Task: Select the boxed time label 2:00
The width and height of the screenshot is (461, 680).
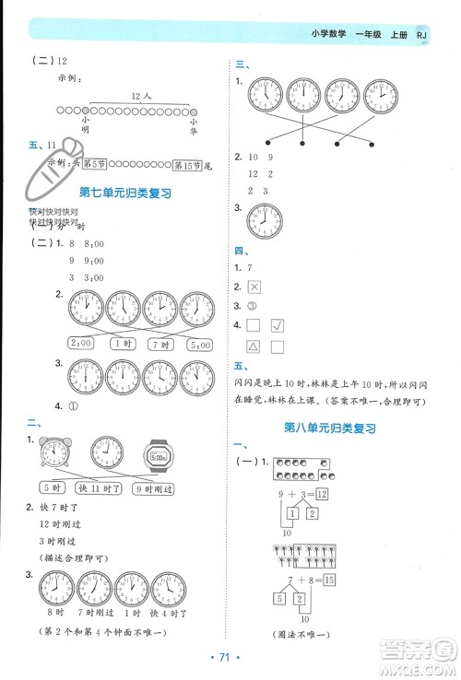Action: (x=80, y=344)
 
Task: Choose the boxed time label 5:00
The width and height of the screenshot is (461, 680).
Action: (x=199, y=344)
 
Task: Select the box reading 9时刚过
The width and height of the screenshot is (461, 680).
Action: (x=160, y=488)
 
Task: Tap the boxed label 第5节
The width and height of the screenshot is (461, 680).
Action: (x=95, y=164)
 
